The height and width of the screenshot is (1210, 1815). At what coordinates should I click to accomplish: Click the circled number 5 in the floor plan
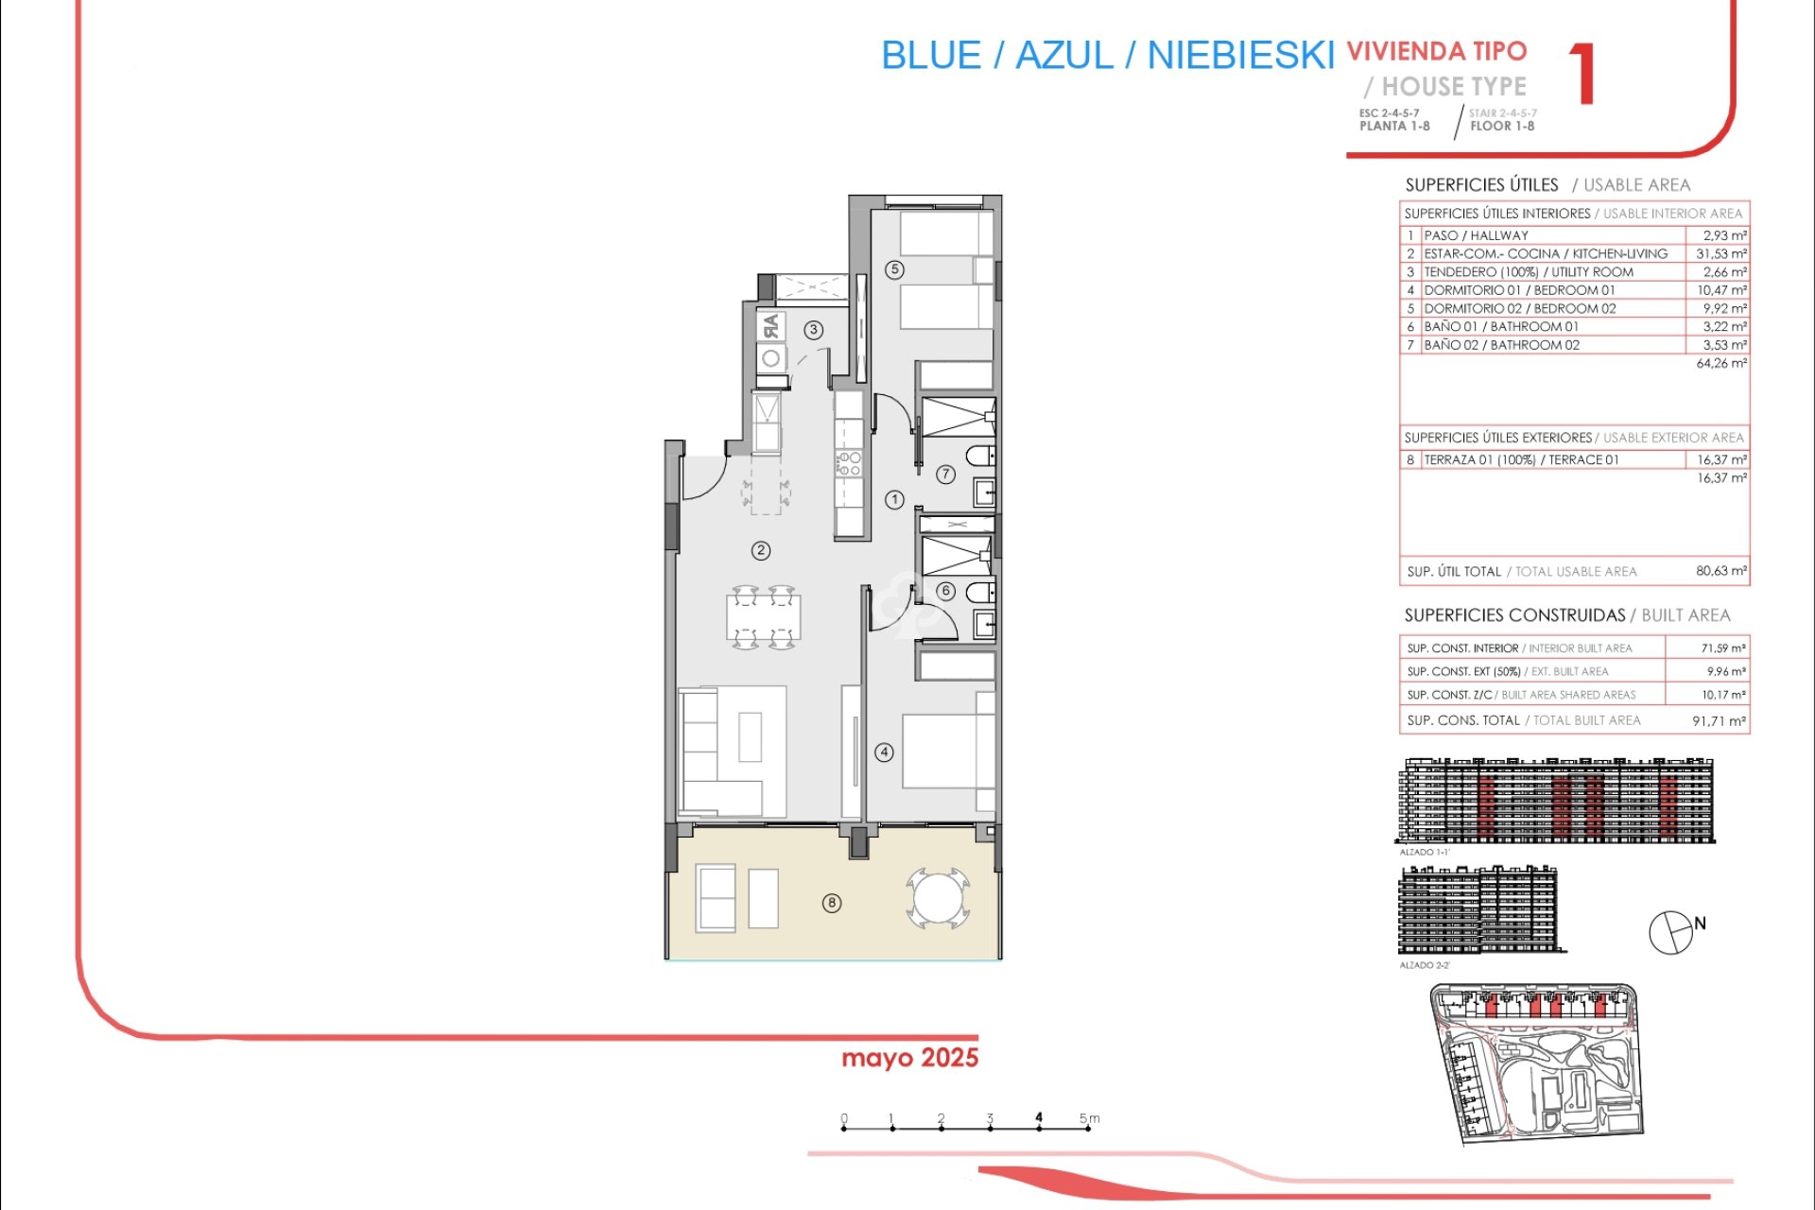(894, 269)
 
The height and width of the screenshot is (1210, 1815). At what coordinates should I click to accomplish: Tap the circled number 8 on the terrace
(832, 903)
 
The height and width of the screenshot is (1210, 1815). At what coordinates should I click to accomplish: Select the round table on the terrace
(937, 898)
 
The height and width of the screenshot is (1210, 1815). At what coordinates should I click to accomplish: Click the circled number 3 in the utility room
(814, 330)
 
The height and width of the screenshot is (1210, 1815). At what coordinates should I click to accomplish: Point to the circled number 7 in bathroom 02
(945, 475)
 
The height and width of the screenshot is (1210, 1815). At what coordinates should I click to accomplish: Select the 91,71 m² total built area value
(1719, 720)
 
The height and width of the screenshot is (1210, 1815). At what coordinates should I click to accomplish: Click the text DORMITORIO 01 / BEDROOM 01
(1519, 290)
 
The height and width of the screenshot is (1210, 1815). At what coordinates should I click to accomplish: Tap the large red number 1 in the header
(1582, 74)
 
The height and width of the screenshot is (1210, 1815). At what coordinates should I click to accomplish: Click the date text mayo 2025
(909, 1058)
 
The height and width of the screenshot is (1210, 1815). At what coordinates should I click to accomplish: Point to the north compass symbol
(1671, 932)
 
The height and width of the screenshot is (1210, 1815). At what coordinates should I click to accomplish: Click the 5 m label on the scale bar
(1089, 1118)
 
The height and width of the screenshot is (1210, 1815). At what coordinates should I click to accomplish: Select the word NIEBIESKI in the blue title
(1240, 56)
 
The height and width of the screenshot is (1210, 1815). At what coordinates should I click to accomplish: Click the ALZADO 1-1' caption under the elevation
(1424, 852)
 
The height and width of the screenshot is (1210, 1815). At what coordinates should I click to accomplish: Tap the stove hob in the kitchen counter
(848, 463)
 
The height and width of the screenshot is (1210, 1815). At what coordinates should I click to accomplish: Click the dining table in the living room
(764, 618)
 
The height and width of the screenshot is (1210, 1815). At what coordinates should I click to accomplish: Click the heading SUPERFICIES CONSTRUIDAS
(1514, 615)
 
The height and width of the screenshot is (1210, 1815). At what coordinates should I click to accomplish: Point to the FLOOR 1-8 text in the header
(1502, 127)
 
